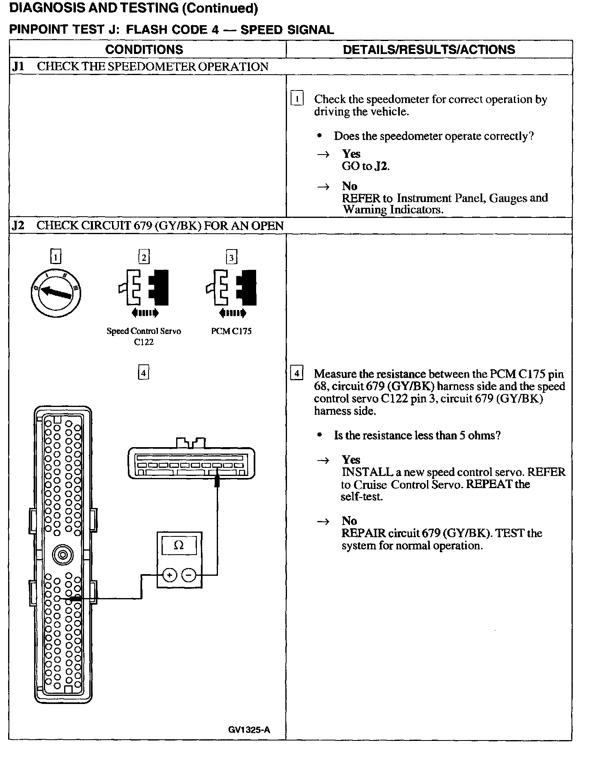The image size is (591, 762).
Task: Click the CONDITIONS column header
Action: point(144,50)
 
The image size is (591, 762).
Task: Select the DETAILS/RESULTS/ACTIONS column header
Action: point(429,50)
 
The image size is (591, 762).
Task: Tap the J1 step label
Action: point(18,67)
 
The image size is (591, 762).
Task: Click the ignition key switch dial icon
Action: point(56,292)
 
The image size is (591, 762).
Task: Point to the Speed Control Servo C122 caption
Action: point(144,336)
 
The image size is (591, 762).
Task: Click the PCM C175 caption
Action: point(231,331)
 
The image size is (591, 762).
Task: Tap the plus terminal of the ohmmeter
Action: point(170,575)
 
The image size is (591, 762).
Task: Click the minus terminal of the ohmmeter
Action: point(188,575)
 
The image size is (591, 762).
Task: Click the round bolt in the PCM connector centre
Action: point(63,554)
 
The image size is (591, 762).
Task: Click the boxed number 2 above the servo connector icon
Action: point(144,257)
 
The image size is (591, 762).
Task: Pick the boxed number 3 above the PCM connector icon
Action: point(231,257)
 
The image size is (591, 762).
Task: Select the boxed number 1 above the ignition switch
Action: point(56,257)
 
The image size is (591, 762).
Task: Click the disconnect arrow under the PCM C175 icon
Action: point(232,313)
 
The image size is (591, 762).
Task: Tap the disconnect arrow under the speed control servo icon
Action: point(145,313)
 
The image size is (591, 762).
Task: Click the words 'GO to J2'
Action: point(365,166)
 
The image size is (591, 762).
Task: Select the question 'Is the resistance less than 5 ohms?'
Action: point(417,435)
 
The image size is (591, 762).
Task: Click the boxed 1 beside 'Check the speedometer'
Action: point(297,99)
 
